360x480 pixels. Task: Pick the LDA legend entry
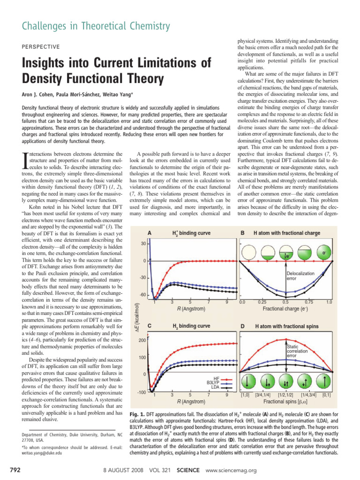[x=216, y=387]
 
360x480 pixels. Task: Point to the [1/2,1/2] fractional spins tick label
[x=286, y=395]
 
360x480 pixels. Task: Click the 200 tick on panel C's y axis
[x=143, y=341]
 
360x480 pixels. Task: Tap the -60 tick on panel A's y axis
[x=142, y=295]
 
